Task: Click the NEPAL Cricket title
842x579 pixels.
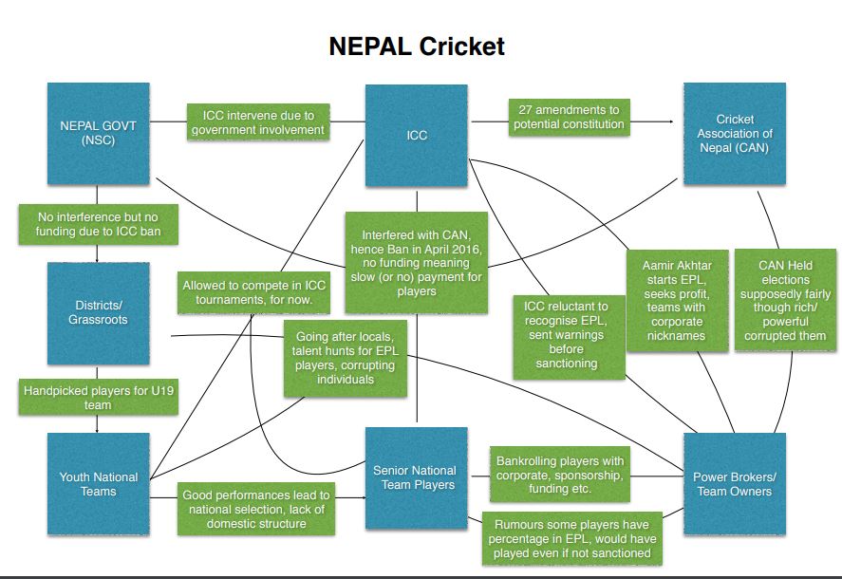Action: coord(417,46)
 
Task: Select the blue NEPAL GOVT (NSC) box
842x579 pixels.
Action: coord(99,134)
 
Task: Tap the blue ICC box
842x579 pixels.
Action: coord(417,135)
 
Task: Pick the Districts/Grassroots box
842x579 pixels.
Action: coord(99,313)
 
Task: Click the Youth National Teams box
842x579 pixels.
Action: coord(99,484)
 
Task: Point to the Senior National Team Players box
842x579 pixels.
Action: coord(417,477)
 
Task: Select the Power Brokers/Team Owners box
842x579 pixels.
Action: coord(733,484)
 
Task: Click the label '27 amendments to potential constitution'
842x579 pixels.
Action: coord(569,116)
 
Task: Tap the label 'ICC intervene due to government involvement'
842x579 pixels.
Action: coord(258,122)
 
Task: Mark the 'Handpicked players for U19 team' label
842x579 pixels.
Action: coord(98,398)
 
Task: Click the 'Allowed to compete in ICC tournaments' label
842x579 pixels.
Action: coord(253,293)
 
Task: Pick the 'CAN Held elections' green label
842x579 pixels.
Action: coord(785,301)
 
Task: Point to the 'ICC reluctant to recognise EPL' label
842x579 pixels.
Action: coord(569,337)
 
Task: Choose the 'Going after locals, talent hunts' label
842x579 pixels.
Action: coord(345,358)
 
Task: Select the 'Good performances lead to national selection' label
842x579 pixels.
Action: coord(256,509)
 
